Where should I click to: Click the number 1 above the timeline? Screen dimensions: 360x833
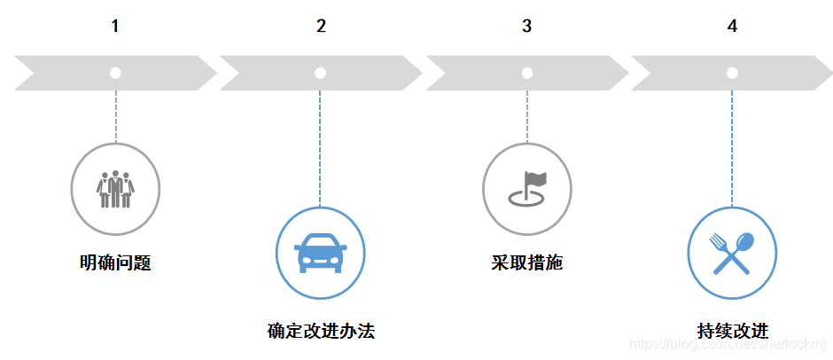pyautogui.click(x=115, y=27)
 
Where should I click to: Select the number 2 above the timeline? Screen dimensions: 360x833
pyautogui.click(x=321, y=27)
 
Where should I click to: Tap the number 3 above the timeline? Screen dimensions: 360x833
pyautogui.click(x=526, y=27)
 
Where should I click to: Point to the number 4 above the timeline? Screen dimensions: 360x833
pyautogui.click(x=732, y=27)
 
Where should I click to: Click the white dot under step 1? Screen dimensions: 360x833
pyautogui.click(x=115, y=73)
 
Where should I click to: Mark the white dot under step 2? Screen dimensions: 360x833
pyautogui.click(x=320, y=73)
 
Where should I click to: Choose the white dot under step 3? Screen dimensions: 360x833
pyautogui.click(x=526, y=73)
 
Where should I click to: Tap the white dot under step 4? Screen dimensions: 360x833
pyautogui.click(x=732, y=73)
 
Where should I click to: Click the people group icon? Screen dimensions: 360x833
pyautogui.click(x=115, y=188)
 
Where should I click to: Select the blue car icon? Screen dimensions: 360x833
pyautogui.click(x=320, y=252)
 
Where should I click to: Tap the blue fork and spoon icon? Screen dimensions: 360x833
pyautogui.click(x=732, y=252)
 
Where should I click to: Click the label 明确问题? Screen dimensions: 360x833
pyautogui.click(x=115, y=263)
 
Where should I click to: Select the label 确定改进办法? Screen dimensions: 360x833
pyautogui.click(x=321, y=332)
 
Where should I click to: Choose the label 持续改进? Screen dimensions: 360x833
pyautogui.click(x=732, y=332)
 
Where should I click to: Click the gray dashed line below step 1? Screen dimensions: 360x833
pyautogui.click(x=115, y=116)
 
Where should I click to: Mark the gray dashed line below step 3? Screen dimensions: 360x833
pyautogui.click(x=526, y=116)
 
